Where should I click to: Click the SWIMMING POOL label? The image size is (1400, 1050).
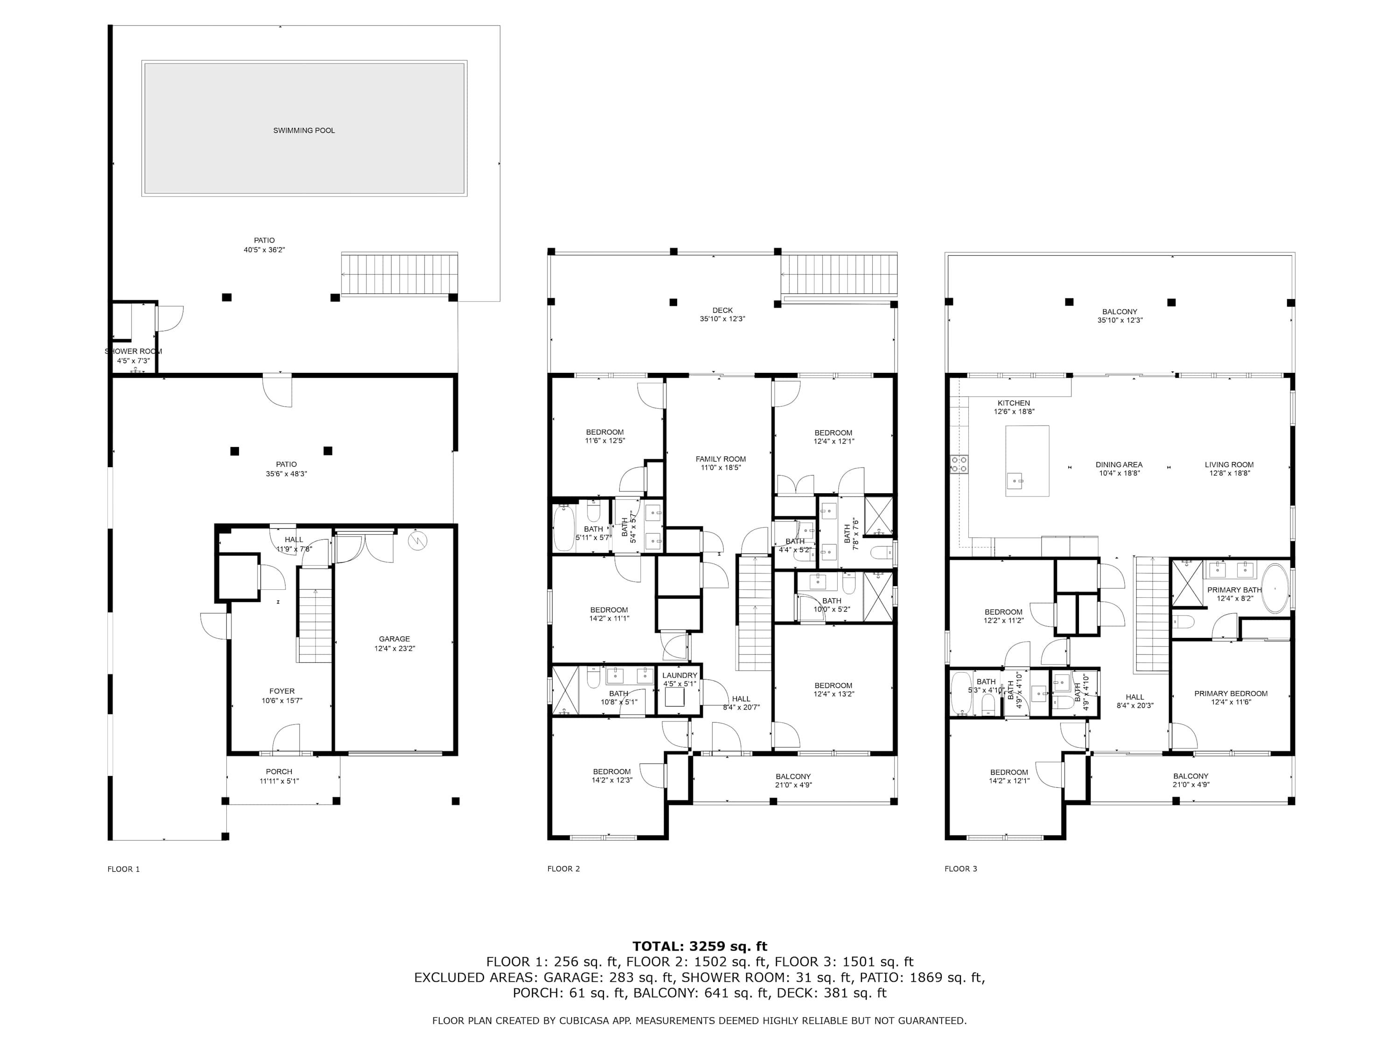pos(304,130)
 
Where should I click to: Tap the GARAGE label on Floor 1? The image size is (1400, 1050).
pos(394,638)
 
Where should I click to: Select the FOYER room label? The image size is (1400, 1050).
pos(282,691)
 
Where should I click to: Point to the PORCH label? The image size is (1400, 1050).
pos(279,771)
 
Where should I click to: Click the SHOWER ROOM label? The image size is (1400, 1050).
pos(133,351)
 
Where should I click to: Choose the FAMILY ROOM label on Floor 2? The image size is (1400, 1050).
pos(721,459)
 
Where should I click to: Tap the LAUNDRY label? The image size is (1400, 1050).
pos(680,675)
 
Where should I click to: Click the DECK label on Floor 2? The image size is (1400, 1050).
pos(722,311)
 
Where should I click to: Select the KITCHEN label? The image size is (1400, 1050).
pos(1014,403)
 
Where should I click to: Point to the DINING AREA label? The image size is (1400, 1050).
pos(1119,464)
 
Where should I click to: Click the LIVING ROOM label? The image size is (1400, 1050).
pos(1229,464)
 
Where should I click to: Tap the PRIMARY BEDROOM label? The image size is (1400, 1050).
pos(1231,693)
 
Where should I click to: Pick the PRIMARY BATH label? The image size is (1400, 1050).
pos(1235,590)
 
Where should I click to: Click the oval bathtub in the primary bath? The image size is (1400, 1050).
pos(1275,588)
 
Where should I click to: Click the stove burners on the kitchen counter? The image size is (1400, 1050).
pos(959,464)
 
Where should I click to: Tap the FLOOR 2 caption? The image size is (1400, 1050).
pos(563,869)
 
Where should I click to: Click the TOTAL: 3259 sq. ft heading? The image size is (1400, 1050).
pos(700,946)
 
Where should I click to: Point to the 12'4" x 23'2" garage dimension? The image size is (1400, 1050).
pos(394,648)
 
